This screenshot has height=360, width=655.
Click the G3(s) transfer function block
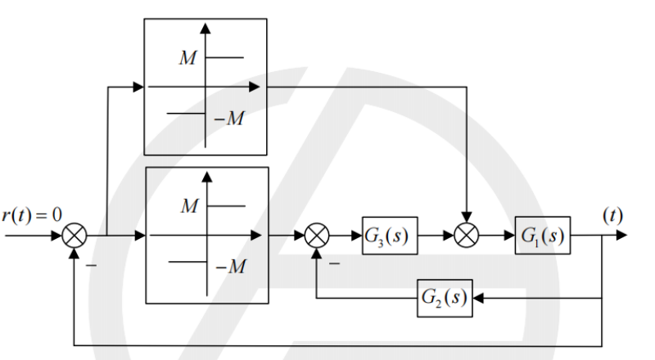click(390, 236)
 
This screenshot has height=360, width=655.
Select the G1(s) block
click(543, 235)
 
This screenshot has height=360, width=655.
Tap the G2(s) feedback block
click(445, 298)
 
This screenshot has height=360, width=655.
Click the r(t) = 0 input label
click(32, 215)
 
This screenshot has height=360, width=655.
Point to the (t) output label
click(612, 215)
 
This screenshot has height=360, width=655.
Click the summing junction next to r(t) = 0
click(75, 236)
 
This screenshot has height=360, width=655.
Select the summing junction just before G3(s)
click(317, 236)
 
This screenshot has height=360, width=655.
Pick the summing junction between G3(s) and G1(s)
click(466, 236)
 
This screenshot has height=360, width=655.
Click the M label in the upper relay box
click(187, 58)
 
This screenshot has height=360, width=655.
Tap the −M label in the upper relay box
click(229, 119)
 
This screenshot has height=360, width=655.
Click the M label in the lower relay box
click(190, 206)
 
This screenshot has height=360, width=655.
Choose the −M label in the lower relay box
click(232, 267)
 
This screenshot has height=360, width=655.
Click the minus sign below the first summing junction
click(91, 265)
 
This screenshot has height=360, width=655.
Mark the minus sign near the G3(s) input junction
click(334, 263)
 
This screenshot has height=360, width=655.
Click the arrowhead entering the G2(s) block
click(478, 298)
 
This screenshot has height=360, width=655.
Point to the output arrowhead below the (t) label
click(621, 235)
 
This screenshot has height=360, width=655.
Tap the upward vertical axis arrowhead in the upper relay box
click(206, 29)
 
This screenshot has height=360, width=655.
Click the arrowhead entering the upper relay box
click(138, 87)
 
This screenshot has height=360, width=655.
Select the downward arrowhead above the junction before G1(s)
click(466, 217)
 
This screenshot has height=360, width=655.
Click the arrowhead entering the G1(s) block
click(509, 236)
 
